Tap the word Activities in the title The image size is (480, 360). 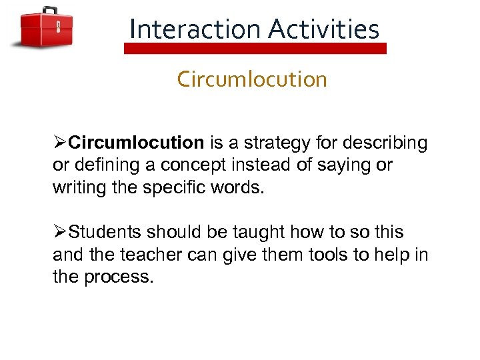[x=324, y=29]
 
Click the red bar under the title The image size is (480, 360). [x=255, y=49]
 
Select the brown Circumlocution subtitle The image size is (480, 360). [x=252, y=79]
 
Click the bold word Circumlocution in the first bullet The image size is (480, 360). [x=136, y=143]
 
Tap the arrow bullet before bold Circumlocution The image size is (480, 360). [x=60, y=143]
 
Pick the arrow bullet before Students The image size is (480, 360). [x=60, y=232]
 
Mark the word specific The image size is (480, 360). [x=173, y=188]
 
